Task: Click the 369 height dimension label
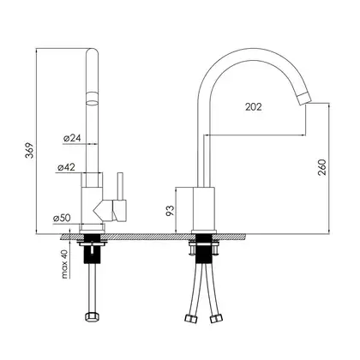(30, 150)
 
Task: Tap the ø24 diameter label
(72, 138)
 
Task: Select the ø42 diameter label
(66, 167)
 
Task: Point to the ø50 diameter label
(62, 218)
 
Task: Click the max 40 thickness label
(65, 264)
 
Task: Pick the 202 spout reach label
(254, 107)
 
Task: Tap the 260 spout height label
(321, 167)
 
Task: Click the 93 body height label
(170, 211)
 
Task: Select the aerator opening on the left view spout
(92, 102)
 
